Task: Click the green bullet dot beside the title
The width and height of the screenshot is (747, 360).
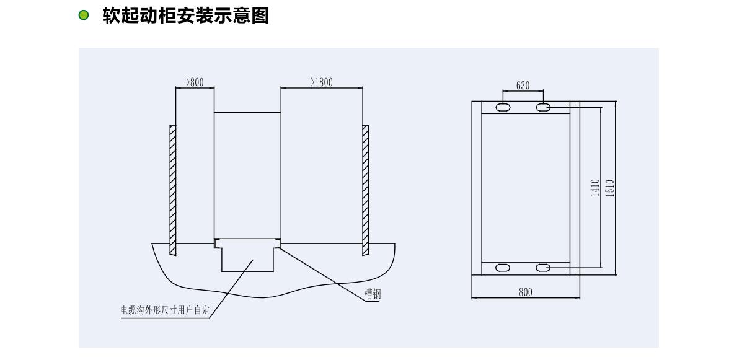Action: coord(83,15)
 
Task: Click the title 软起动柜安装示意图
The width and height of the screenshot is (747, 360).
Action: coord(185,15)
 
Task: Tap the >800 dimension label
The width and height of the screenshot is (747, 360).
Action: coord(195,82)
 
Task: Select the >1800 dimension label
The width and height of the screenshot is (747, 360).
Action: coord(322,82)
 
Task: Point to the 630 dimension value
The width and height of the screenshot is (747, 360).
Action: coord(523,86)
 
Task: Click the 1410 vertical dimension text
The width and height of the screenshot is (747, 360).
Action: coord(595,188)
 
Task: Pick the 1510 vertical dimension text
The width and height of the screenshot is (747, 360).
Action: coord(609,188)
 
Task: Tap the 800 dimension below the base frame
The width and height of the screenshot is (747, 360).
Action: coord(526,292)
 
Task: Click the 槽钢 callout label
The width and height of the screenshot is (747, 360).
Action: coord(373,294)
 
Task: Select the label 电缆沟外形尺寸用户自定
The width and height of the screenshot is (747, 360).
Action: coord(165,310)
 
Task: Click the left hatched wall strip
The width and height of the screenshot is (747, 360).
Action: coord(173,190)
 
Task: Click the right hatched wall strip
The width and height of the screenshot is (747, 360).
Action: coord(366,190)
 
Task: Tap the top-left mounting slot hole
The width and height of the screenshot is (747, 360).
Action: coord(503,107)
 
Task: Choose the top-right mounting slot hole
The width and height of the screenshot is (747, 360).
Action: coord(543,107)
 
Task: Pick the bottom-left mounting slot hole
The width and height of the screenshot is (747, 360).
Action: coord(503,268)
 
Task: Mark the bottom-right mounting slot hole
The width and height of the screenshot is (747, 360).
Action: coord(543,268)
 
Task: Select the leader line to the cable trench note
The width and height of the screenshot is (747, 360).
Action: coord(231,289)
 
